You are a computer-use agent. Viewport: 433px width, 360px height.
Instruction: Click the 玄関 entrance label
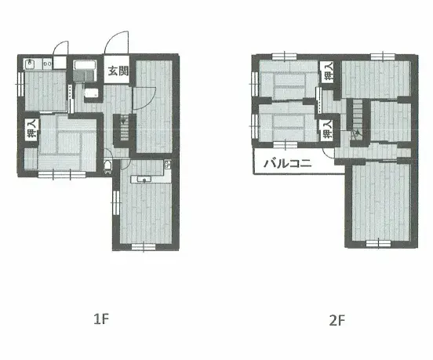click(x=118, y=71)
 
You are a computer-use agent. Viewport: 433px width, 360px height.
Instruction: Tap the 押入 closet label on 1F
click(x=31, y=129)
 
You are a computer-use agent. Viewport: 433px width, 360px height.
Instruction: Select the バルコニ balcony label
click(x=288, y=163)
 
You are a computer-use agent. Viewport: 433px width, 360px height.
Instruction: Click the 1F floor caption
click(x=101, y=319)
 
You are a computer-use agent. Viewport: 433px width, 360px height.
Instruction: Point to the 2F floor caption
click(x=337, y=321)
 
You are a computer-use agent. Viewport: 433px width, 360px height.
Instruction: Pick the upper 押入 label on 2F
click(x=329, y=71)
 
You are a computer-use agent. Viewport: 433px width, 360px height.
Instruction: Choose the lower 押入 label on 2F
click(x=328, y=129)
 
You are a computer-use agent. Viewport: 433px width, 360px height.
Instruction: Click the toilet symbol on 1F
click(x=107, y=166)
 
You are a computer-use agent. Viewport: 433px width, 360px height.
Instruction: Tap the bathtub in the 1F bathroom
click(x=85, y=67)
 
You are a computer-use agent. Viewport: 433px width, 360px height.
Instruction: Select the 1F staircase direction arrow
click(x=123, y=121)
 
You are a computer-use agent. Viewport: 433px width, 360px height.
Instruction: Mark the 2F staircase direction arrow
click(x=358, y=133)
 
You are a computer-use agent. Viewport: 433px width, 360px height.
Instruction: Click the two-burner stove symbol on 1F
click(x=48, y=64)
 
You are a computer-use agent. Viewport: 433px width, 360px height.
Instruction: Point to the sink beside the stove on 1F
click(x=30, y=64)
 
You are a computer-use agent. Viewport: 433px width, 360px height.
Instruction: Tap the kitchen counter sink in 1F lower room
click(x=144, y=180)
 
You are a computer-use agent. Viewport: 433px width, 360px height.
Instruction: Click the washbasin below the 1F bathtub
click(x=92, y=93)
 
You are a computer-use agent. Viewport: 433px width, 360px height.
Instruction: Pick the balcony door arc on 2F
click(x=326, y=155)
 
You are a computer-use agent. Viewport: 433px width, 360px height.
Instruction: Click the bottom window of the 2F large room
click(x=378, y=243)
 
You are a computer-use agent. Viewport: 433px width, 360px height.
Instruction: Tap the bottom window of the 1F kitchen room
click(x=144, y=246)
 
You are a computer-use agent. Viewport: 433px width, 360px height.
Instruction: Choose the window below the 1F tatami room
click(x=62, y=174)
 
